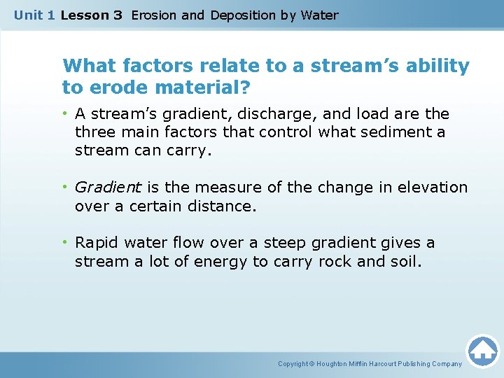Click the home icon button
[x=482, y=351]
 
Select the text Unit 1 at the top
[x=34, y=15]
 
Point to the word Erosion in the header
[x=154, y=15]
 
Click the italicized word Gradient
[x=108, y=188]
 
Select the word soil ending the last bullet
[x=405, y=262]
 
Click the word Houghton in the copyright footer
[x=338, y=364]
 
